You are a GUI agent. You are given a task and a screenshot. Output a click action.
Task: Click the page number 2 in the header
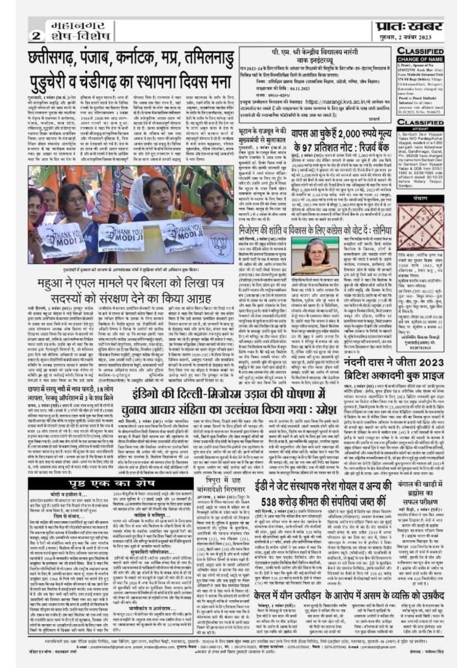37,36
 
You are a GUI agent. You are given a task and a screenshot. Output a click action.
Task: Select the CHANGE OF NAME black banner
420,59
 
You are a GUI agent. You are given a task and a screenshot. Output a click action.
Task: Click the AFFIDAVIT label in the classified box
420,128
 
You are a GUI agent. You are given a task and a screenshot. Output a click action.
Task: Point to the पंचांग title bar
420,198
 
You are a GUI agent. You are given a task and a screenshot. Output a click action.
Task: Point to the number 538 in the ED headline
272,500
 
